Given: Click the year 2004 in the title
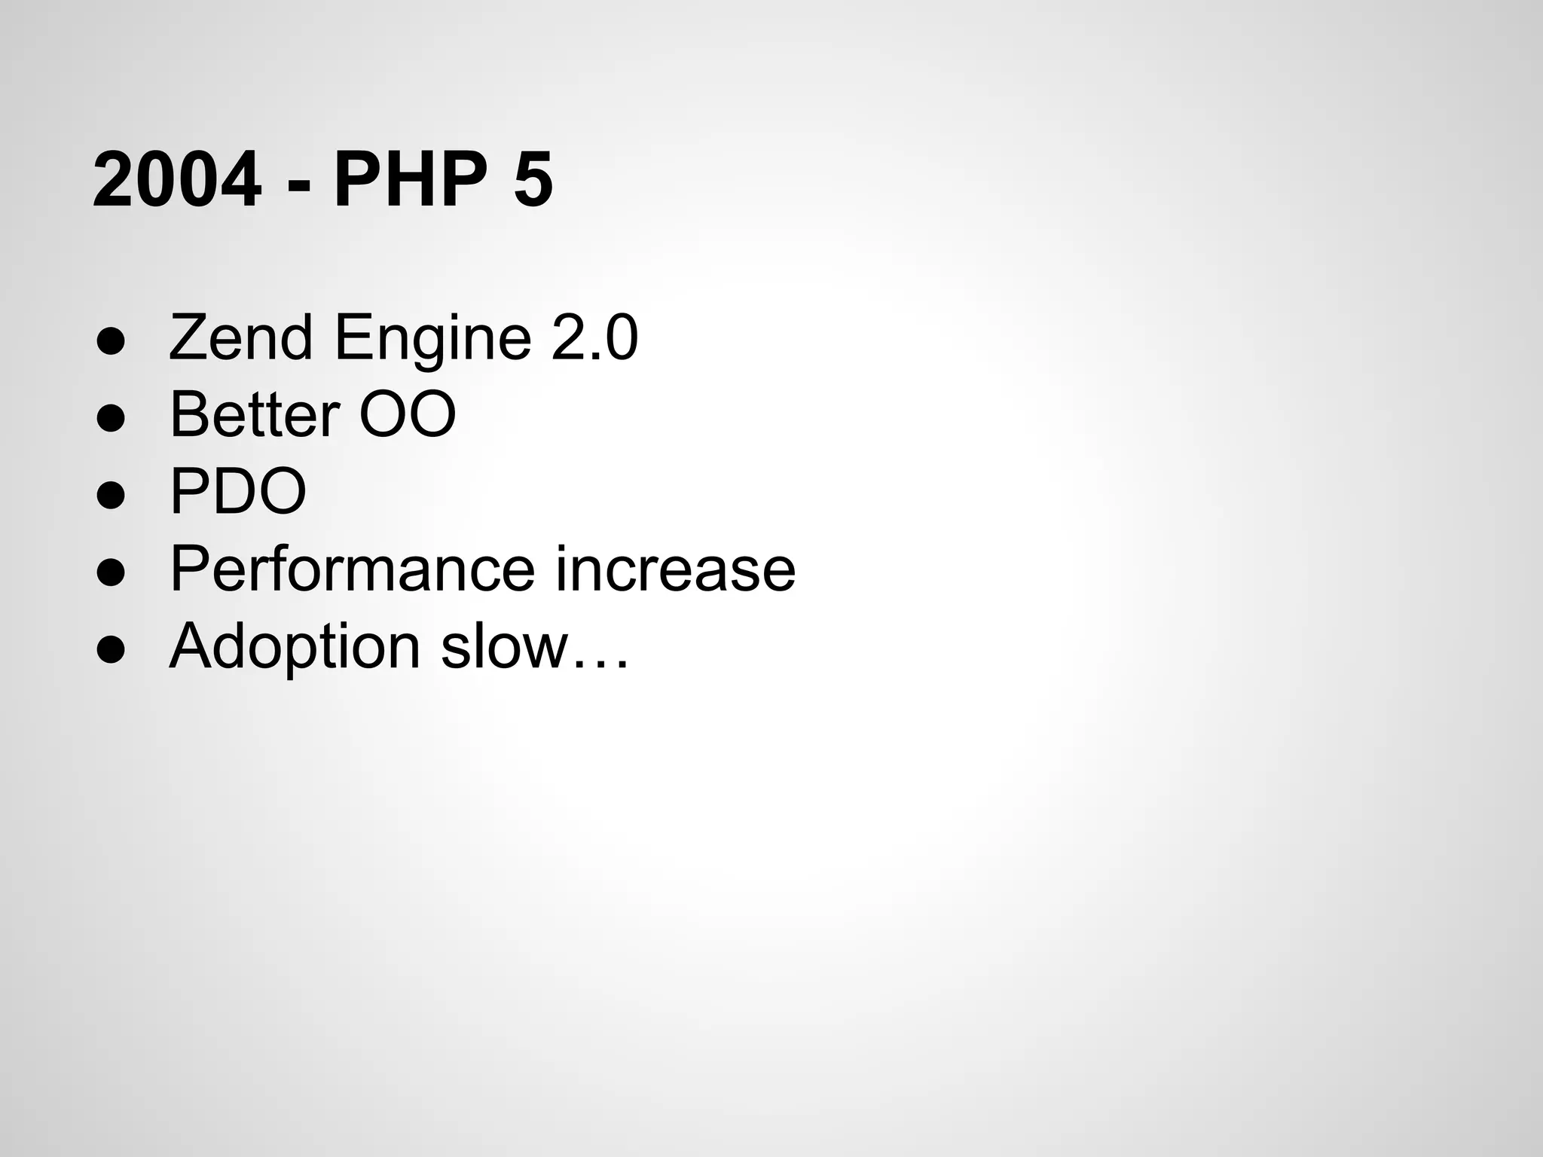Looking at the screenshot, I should click(177, 181).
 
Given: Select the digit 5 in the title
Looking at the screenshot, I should click(533, 181).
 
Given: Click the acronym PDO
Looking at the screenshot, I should click(238, 491).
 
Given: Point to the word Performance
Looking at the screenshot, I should click(352, 569).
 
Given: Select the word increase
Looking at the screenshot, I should click(675, 569).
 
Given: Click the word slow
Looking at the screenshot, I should click(504, 646).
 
